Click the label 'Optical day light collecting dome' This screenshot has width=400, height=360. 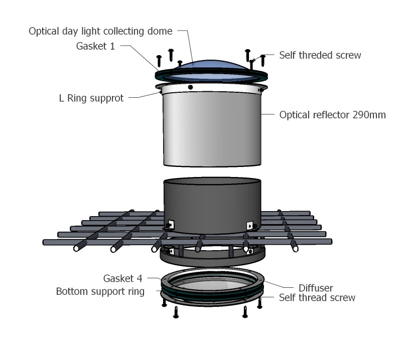click(100, 32)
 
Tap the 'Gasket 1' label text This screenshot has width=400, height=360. click(95, 46)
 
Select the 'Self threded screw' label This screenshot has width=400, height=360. click(320, 55)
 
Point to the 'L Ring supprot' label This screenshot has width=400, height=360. click(91, 98)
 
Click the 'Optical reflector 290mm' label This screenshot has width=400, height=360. click(332, 115)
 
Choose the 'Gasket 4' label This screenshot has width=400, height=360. click(122, 278)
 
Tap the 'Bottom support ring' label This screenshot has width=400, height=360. click(100, 291)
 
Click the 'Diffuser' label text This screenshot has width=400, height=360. click(316, 288)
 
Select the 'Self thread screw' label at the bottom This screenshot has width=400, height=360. click(317, 298)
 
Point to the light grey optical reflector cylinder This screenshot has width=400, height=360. click(212, 129)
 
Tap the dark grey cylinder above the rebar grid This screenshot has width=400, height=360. click(212, 206)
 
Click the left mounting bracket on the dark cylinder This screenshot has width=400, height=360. click(170, 225)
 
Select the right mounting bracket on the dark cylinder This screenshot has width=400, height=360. click(250, 225)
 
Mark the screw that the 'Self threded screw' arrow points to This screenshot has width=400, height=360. click(252, 64)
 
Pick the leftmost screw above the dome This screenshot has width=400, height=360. click(159, 61)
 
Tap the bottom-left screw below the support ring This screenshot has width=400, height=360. click(176, 312)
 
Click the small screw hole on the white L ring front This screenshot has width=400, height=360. click(190, 87)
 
